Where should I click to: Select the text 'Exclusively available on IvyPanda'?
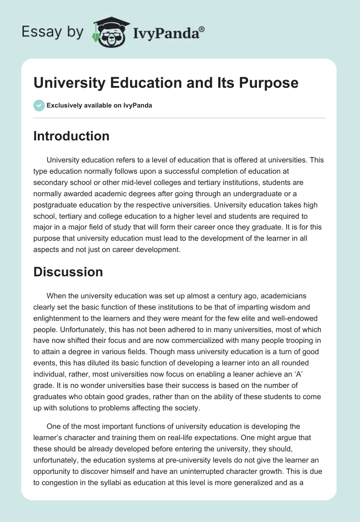tap(99, 106)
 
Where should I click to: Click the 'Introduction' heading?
tap(71, 136)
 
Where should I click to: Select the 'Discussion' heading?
tap(68, 272)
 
